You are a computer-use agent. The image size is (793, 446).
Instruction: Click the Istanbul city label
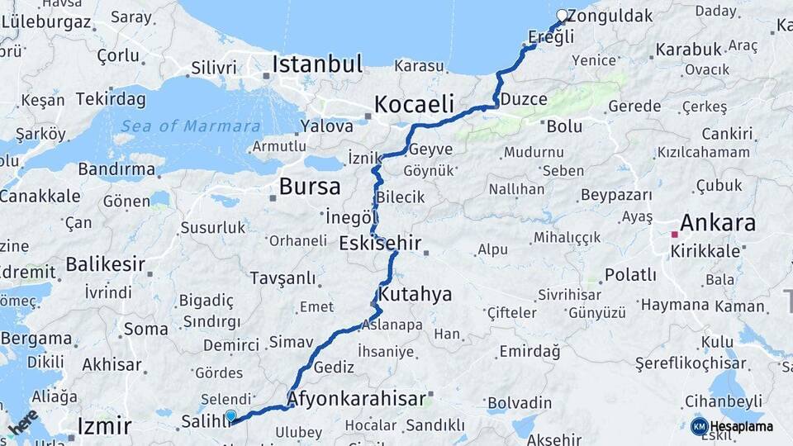coord(317,64)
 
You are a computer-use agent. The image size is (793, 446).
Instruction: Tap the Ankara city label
coord(717,223)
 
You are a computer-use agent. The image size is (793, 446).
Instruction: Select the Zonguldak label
coord(610,16)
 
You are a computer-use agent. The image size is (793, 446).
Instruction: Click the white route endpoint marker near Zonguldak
coord(563,15)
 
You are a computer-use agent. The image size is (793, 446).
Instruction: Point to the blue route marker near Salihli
coord(230,416)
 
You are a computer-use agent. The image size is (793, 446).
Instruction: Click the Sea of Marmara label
coord(191,126)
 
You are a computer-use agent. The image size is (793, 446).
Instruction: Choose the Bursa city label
coord(310,186)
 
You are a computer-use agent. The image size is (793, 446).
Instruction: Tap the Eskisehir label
coord(380,244)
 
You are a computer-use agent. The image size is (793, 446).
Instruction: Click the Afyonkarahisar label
coord(357,400)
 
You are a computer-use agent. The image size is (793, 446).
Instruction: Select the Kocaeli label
coord(415,104)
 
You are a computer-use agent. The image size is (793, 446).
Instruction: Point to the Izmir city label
coord(104,426)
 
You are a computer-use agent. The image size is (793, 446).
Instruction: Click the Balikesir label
coord(105,265)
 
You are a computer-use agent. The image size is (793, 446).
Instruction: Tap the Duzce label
coord(524,100)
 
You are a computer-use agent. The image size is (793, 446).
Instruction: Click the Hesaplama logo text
coord(742,427)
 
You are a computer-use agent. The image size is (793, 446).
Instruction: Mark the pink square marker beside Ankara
coord(674,235)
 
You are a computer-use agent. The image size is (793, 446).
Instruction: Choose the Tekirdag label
coord(111,99)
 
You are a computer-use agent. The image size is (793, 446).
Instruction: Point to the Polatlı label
coord(630,274)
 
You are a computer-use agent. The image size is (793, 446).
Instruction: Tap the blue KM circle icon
coord(700,426)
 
